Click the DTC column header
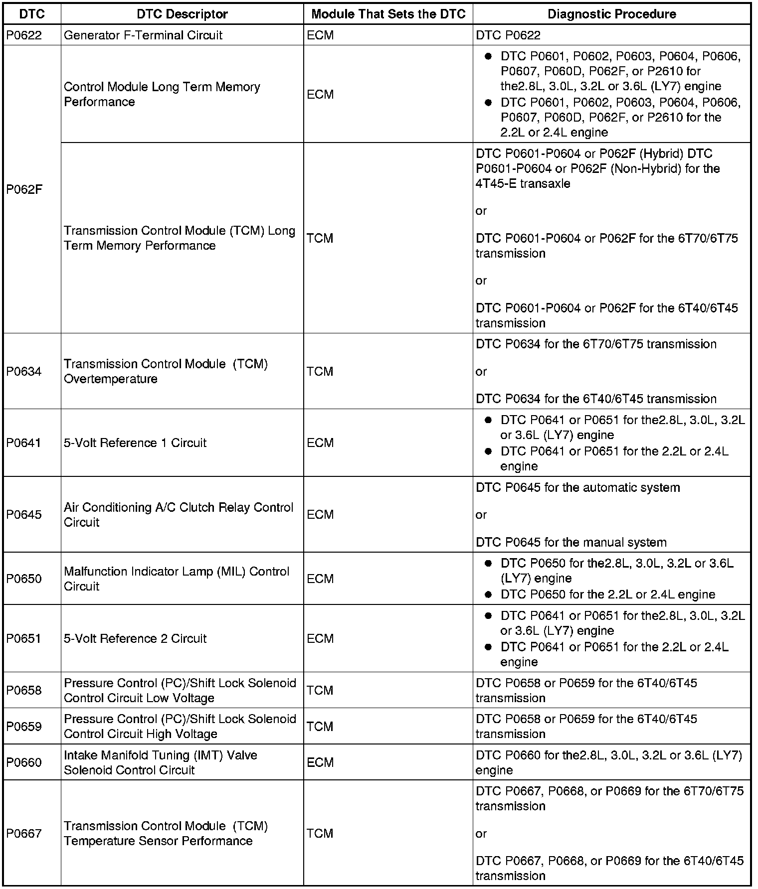pos(32,14)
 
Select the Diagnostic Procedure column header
pos(611,14)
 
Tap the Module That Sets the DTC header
pos(388,14)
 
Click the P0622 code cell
pos(23,35)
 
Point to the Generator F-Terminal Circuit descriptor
pos(143,35)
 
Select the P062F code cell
pos(24,189)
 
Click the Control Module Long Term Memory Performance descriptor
pos(162,94)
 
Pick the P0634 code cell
pos(23,371)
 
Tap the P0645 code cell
pos(23,514)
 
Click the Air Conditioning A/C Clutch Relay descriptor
pos(179,514)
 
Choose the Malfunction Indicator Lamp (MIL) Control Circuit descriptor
pos(177,579)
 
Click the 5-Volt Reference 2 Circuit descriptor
pos(135,638)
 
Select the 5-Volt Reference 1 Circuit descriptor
pos(135,443)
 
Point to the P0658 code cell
pos(23,690)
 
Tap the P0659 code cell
pos(23,726)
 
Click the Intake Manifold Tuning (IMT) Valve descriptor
pos(161,762)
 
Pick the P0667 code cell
pos(23,833)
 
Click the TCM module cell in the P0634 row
pos(320,371)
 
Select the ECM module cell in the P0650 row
pos(320,579)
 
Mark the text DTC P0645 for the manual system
pos(571,542)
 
